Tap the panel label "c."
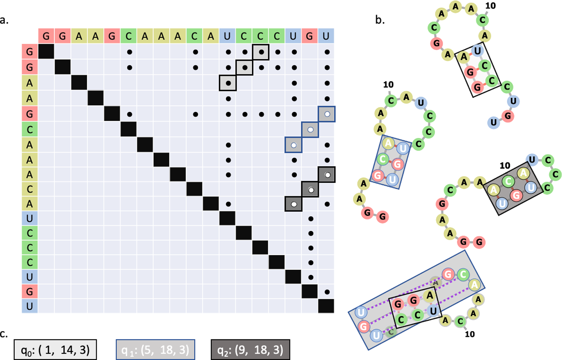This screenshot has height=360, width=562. coord(4,333)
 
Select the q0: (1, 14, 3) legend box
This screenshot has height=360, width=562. coord(55,350)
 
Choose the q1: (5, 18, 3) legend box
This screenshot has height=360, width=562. coord(155,350)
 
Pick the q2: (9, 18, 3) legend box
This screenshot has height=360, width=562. coord(250,350)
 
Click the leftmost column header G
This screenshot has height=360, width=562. coord(46,36)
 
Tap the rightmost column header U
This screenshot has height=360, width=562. coord(326,36)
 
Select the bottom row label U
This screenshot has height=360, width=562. coord(30,306)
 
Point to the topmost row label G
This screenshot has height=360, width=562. coord(30,51)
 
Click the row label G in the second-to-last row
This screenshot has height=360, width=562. coord(30,291)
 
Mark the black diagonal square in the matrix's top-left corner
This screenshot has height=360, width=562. coord(46,51)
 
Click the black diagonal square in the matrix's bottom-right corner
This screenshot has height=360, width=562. coord(326,306)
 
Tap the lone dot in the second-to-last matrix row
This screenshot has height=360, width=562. coord(327,292)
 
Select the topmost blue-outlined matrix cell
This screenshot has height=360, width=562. coord(327,114)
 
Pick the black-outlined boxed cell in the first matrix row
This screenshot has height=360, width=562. coord(261,52)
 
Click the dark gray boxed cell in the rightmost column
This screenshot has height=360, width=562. coord(327,175)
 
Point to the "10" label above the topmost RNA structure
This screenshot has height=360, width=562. coord(490,6)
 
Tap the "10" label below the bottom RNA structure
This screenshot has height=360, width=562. coord(470,334)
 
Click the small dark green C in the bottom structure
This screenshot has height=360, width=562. coord(391,331)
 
